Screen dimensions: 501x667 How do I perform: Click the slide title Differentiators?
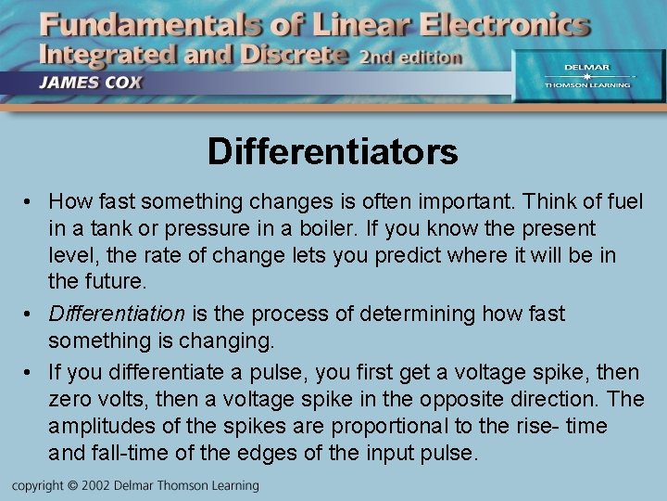tap(333, 151)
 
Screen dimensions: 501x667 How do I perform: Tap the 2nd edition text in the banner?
tap(410, 57)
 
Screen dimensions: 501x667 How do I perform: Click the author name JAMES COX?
tap(90, 81)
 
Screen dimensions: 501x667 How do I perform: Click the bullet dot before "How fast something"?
tap(31, 201)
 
